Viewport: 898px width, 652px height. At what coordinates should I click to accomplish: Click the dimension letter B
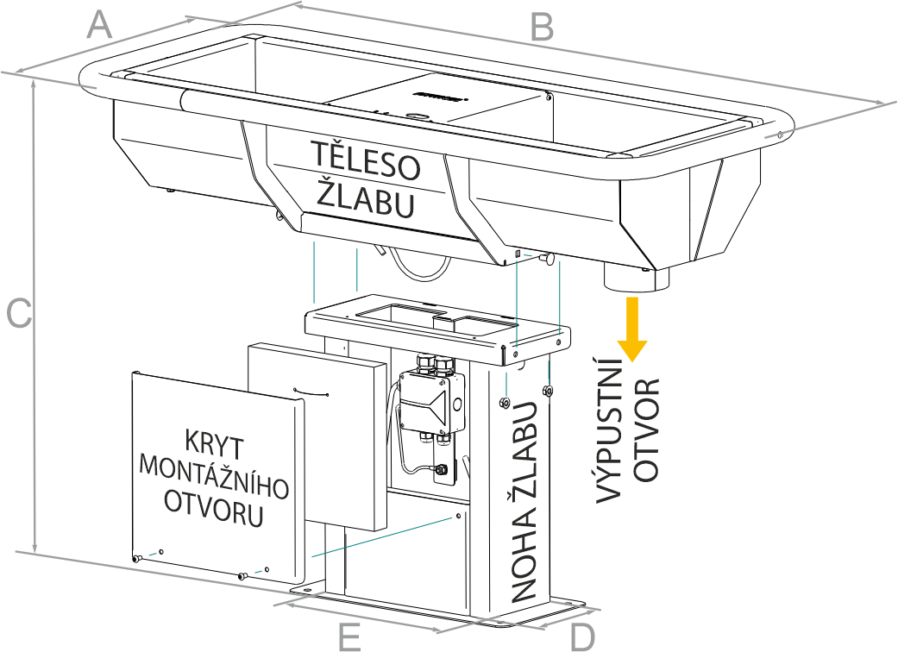point(541,27)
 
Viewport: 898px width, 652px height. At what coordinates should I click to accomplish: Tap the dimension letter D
point(583,636)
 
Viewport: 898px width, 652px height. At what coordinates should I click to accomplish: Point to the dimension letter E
point(349,636)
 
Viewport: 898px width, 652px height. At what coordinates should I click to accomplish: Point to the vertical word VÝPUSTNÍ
point(611,439)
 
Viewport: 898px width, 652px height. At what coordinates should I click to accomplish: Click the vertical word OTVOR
point(648,428)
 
